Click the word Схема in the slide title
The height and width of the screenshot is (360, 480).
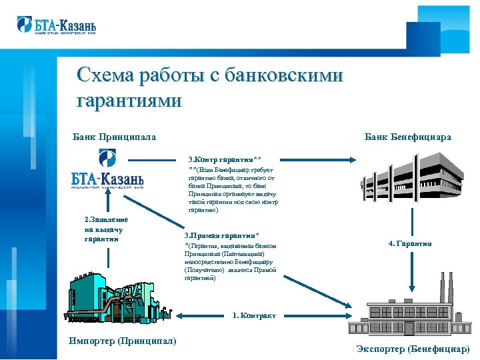107,75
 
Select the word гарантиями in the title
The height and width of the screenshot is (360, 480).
129,101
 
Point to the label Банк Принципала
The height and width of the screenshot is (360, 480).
114,137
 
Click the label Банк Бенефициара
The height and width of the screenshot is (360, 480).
407,137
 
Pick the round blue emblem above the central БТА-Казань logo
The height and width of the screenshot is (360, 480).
107,158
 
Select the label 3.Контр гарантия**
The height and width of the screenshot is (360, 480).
229,160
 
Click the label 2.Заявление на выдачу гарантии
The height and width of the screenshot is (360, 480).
107,229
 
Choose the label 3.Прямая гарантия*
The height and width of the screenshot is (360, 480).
221,235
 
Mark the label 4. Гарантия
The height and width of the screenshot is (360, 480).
410,243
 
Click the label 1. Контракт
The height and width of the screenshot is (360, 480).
254,315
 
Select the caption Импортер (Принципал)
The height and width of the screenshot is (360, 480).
123,341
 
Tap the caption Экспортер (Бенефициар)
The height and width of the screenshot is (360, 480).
413,349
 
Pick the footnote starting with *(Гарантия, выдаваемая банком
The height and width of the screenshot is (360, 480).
229,262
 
